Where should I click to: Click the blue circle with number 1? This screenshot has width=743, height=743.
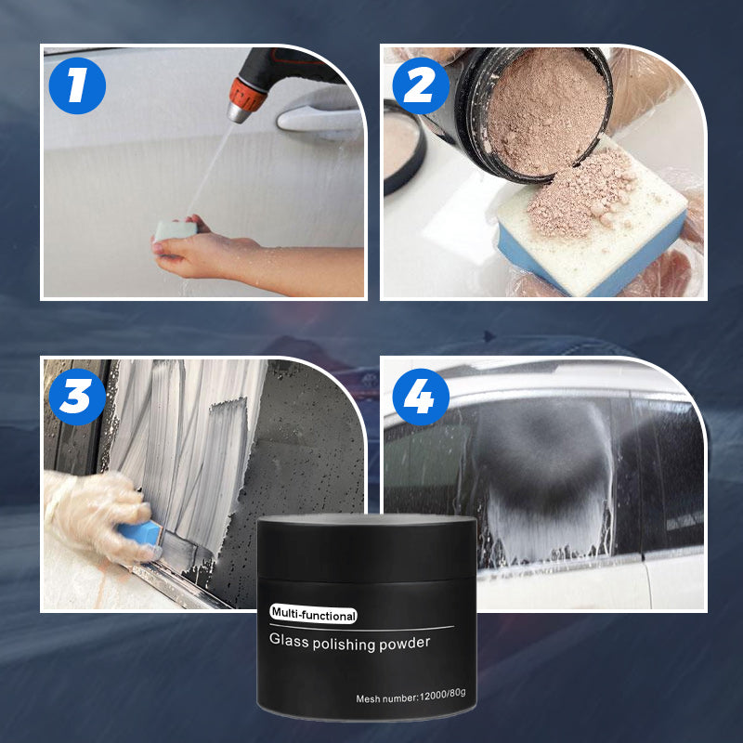[x=77, y=85]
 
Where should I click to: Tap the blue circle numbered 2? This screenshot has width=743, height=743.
[x=421, y=85]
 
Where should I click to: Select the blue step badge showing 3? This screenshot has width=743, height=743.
[x=77, y=397]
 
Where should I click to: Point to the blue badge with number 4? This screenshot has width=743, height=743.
[x=421, y=397]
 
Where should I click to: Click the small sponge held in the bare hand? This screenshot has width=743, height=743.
[x=176, y=230]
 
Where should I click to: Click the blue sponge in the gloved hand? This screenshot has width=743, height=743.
[x=141, y=535]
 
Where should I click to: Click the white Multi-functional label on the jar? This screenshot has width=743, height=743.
[x=313, y=615]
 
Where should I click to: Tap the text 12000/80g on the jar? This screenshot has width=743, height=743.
[x=443, y=694]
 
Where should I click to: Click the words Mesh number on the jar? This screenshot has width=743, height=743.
[x=386, y=698]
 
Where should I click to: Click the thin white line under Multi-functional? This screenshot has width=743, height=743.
[x=362, y=628]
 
